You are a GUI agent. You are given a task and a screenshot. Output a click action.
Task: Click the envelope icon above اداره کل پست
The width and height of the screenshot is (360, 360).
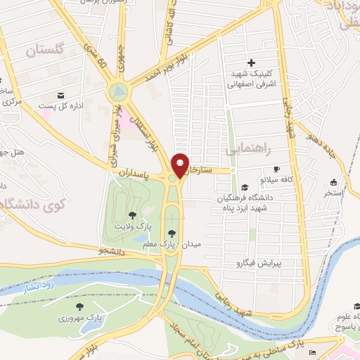click(60, 95)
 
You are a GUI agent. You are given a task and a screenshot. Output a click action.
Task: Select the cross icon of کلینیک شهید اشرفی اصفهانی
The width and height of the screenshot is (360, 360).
click(250, 63)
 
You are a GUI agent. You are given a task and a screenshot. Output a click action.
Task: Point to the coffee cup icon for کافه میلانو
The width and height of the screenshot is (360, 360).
click(276, 169)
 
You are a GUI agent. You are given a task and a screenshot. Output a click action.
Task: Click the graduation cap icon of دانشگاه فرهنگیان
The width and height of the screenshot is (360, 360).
click(244, 187)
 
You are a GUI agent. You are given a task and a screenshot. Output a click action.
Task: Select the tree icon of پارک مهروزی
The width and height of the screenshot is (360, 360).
click(79, 307)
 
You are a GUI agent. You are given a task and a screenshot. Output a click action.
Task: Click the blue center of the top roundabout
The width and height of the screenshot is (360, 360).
click(118, 91)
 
